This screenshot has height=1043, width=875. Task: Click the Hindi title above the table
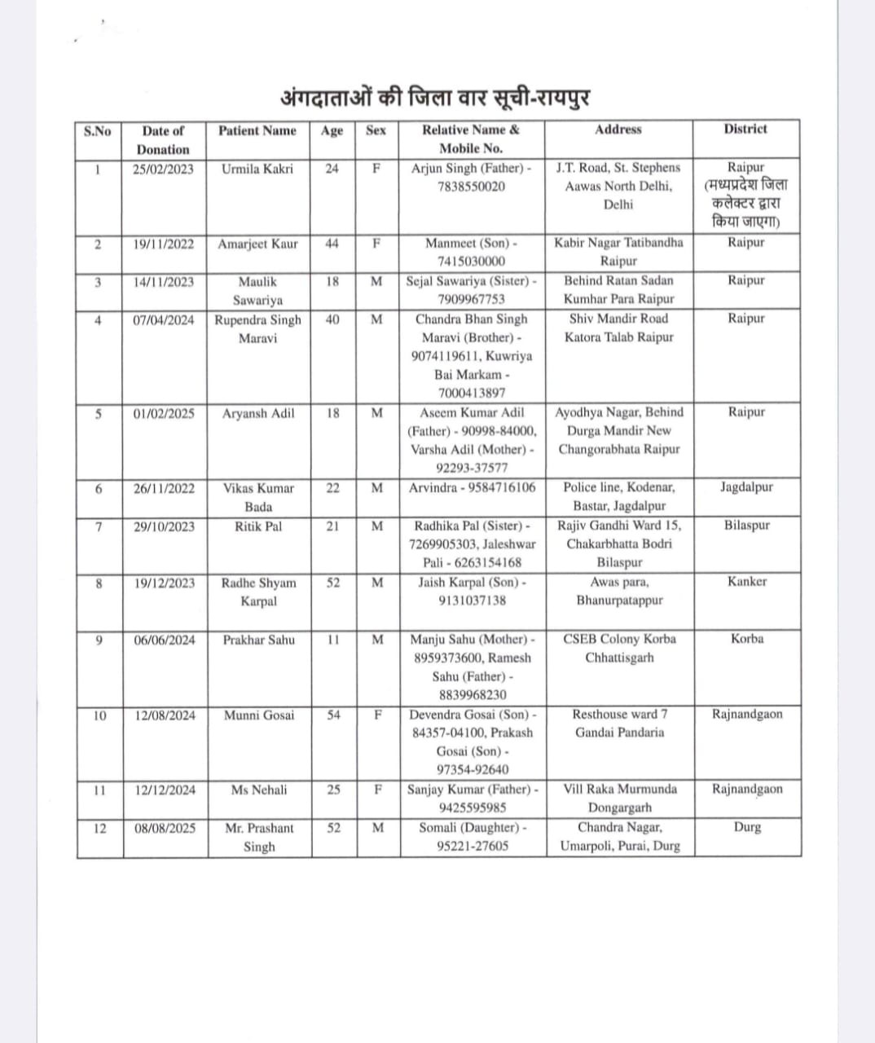pos(434,98)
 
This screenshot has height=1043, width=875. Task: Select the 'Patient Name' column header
pos(257,130)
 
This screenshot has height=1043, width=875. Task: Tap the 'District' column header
pos(745,129)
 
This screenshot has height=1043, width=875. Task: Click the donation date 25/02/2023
pos(164,169)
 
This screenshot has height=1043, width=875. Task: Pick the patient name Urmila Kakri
pos(257,169)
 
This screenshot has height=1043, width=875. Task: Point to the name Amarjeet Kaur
pos(257,244)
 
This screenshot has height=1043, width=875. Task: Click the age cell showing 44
pos(332,244)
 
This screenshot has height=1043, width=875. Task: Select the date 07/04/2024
pos(164,320)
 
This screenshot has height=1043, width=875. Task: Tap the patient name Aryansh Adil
pos(258,413)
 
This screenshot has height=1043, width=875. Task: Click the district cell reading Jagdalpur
pos(746,487)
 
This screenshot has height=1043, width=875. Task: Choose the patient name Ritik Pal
pos(258,526)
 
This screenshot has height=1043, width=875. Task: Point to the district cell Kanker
pos(746,582)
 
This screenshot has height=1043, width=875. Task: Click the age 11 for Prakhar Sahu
pos(333,640)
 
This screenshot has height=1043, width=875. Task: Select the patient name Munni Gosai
pos(258,715)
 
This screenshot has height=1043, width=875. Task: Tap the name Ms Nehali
pos(258,790)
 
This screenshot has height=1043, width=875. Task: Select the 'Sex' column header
pos(376,130)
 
